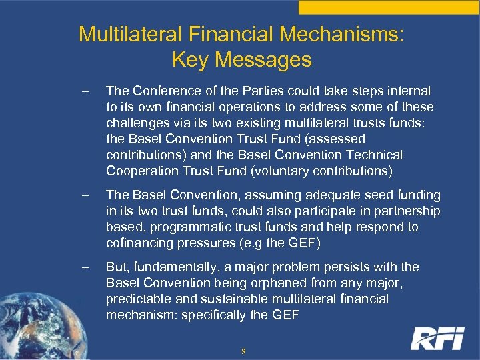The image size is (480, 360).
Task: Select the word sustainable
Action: [x=227, y=299]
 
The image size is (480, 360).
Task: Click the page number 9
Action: [x=243, y=350]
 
